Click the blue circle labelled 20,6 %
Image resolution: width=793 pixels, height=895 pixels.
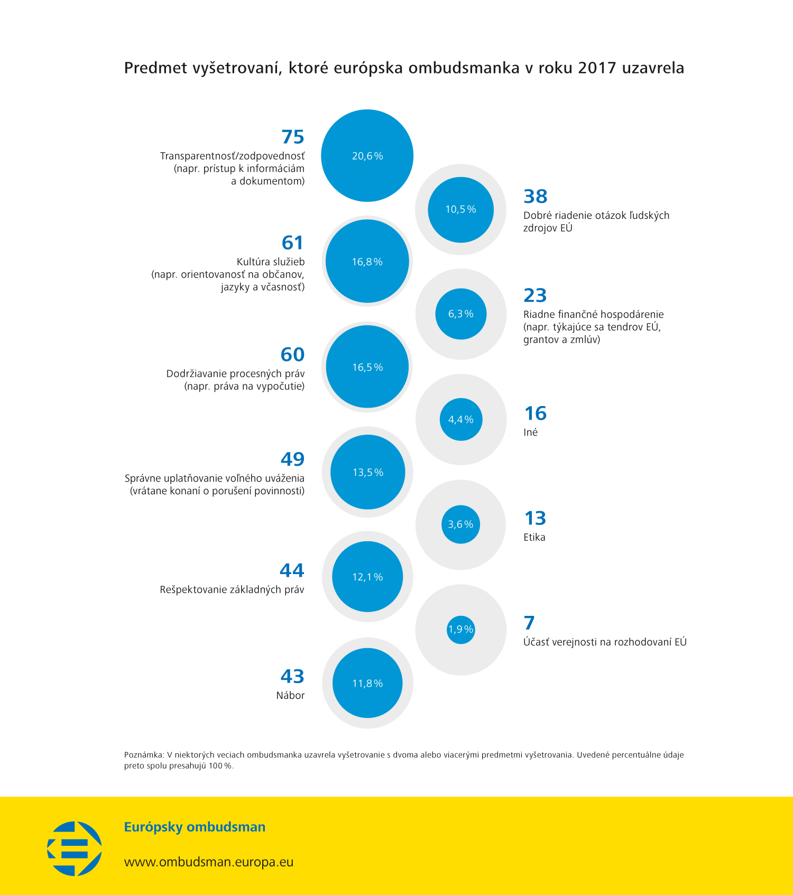[x=367, y=155]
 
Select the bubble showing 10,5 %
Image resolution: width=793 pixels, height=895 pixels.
[x=460, y=209]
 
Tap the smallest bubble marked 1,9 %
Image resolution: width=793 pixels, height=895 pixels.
[x=460, y=629]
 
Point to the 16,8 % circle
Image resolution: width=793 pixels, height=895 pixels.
[x=367, y=261]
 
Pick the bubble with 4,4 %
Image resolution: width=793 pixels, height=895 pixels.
[x=460, y=419]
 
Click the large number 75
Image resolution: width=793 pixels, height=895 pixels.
[x=293, y=137]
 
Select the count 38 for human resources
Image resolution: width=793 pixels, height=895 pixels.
[x=535, y=196]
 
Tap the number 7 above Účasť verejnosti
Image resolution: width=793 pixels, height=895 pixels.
[x=529, y=623]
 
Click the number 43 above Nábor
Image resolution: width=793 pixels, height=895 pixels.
[x=292, y=676]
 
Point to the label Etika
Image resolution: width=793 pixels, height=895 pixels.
[x=534, y=537]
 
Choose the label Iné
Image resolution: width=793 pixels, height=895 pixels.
[x=530, y=432]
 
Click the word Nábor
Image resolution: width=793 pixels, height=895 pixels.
[x=290, y=695]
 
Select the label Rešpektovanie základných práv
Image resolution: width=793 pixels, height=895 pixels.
[x=232, y=589]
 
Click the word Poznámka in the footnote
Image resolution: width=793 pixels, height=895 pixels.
[x=143, y=755]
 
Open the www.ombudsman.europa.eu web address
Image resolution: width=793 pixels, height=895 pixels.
[x=208, y=862]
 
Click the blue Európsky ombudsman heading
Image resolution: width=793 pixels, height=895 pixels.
[x=195, y=827]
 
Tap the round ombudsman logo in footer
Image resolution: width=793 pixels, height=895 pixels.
[x=75, y=848]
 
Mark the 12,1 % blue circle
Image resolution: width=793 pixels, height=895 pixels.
[x=367, y=577]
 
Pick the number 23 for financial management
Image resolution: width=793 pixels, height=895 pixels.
[x=535, y=295]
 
